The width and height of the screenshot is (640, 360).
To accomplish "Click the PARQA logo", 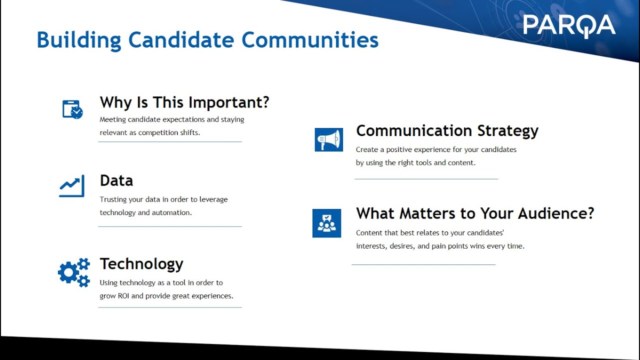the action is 569,25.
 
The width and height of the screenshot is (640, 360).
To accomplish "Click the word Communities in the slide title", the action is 310,39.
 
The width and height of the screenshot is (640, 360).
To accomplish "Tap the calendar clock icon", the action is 72,109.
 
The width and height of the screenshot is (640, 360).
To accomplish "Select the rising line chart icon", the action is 71,185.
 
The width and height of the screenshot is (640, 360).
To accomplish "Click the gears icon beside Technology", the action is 74,272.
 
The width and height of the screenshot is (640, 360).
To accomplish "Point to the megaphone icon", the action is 329,139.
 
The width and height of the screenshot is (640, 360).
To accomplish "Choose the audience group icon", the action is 326,223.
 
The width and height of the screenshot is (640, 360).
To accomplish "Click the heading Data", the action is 116,180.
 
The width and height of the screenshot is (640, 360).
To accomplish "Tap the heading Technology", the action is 141,264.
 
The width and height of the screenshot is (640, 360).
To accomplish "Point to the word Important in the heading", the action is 225,103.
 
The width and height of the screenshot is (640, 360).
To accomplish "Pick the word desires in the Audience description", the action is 401,246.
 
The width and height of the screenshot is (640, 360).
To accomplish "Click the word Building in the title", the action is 79,40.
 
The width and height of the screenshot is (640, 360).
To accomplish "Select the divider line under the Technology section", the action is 170,307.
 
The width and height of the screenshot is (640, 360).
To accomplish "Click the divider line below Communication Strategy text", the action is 426,179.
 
